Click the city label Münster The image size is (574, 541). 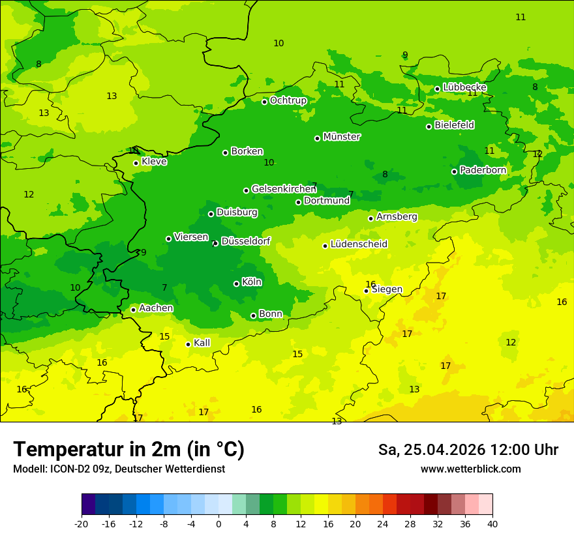coord(342,137)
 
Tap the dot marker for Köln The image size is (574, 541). coord(236,284)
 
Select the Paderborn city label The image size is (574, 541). coord(483,170)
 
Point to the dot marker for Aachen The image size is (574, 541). coord(133,310)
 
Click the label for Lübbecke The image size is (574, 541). coord(464,87)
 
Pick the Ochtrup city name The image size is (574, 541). coord(288,100)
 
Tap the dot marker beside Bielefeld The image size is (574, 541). coord(429,126)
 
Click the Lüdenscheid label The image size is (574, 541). coord(359,244)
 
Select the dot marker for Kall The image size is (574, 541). coord(188,344)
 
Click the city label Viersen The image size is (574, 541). coord(191,237)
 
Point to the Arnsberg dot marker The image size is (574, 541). coord(370,218)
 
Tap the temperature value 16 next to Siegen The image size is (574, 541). coord(370,284)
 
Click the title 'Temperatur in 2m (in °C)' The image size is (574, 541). coord(128,450)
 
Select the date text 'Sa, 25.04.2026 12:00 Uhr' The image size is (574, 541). coord(468,450)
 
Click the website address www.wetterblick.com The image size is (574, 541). coord(470,469)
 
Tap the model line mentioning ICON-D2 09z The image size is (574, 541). coord(119,469)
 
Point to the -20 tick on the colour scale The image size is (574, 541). coord(82,524)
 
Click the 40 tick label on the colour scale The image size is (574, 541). coord(492,524)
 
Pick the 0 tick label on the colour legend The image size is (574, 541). coord(219,524)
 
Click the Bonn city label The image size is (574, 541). coord(271,314)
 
